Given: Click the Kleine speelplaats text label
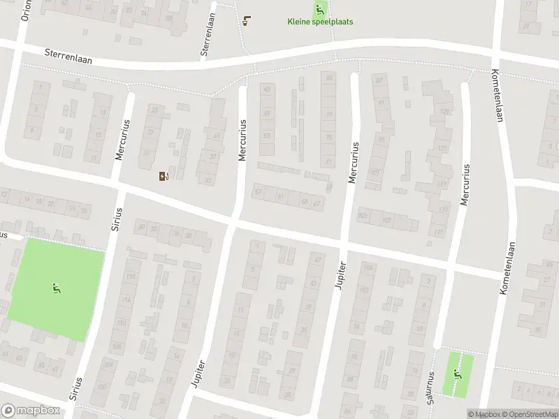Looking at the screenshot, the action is point(320,22).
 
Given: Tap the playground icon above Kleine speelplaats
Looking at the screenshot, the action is point(320,9).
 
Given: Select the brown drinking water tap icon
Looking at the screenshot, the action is point(246,20).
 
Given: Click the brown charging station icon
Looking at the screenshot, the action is point(164,176).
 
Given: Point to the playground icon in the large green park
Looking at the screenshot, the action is point(55,288).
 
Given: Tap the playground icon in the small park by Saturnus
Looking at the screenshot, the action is point(458,374).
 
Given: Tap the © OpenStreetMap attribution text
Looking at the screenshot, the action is point(529,414).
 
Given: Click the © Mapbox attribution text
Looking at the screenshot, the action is point(484,414).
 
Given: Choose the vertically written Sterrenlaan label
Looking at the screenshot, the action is point(206,35).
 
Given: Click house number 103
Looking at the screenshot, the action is point(363,216).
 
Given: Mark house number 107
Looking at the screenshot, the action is point(386,221).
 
